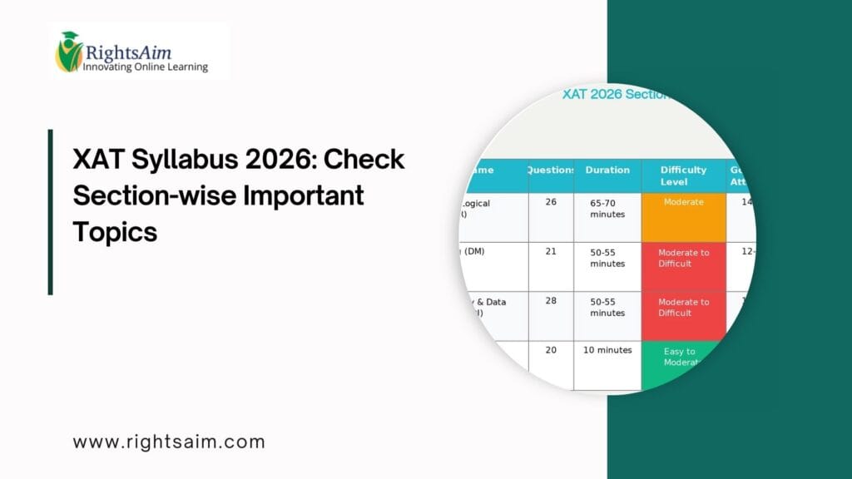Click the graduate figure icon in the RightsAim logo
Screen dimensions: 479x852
[x=69, y=52]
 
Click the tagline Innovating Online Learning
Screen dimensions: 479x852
[x=145, y=67]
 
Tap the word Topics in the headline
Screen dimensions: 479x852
[x=115, y=231]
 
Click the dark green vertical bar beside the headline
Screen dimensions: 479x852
[x=51, y=211]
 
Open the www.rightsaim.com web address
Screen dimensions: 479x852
[x=169, y=442]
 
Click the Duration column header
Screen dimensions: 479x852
[x=607, y=170]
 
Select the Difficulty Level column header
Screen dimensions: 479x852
[x=683, y=175]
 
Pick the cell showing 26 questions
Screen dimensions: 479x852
[x=551, y=202]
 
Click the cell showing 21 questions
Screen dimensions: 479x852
[x=551, y=252]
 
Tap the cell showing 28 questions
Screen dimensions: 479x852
[x=551, y=301]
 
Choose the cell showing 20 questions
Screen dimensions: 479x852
[x=551, y=350]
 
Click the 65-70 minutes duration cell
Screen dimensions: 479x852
[x=607, y=208]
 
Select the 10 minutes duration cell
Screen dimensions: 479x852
[x=607, y=350]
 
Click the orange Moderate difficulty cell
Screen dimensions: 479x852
[x=683, y=217]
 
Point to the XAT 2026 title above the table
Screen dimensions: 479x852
[x=616, y=95]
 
